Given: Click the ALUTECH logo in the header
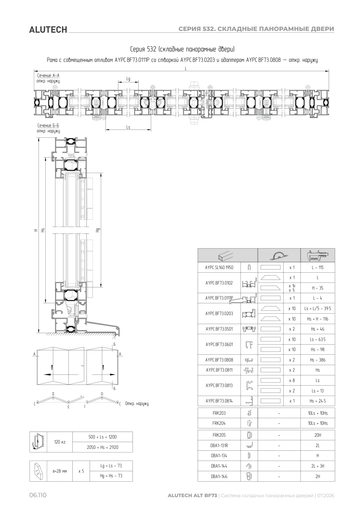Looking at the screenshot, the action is [48, 30].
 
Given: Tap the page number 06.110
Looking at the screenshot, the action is [38, 495].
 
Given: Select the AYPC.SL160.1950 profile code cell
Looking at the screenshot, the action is [219, 268].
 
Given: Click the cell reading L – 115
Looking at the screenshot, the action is [318, 268].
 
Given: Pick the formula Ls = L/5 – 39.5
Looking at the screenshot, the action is [318, 308].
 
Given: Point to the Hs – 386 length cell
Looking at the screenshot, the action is [318, 360].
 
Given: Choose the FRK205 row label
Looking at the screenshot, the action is [219, 435].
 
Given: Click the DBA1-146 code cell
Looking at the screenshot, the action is [219, 476].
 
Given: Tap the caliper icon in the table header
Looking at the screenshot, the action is [318, 255].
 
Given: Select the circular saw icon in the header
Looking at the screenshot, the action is [279, 256].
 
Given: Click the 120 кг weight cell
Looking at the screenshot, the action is [60, 442].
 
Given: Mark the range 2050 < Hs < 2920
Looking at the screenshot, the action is [103, 447].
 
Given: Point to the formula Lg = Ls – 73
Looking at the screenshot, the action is [111, 465].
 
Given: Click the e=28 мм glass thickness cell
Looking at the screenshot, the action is [60, 471].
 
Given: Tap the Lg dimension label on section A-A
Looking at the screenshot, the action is [128, 79].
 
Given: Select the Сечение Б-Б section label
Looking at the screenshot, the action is [48, 126].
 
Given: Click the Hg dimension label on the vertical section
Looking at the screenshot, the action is [98, 230].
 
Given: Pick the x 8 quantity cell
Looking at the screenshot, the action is [292, 380].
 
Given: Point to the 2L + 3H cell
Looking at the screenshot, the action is [318, 466].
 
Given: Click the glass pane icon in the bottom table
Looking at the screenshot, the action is [38, 471].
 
